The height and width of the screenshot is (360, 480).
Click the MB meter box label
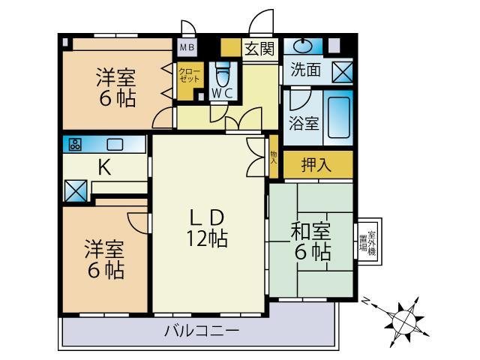[185, 47]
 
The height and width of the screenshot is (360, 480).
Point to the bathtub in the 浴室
[340, 116]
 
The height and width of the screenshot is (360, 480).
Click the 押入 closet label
[316, 165]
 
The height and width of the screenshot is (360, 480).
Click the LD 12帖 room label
[207, 228]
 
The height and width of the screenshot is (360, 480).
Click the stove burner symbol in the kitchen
[75, 144]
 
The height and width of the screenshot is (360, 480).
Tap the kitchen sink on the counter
[115, 144]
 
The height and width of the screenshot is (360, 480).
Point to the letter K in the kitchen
[105, 168]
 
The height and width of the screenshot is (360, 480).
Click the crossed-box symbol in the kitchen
[76, 190]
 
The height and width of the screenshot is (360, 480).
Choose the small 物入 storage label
[274, 157]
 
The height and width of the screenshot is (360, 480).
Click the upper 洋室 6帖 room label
[116, 87]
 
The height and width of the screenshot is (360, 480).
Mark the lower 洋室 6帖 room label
[104, 259]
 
